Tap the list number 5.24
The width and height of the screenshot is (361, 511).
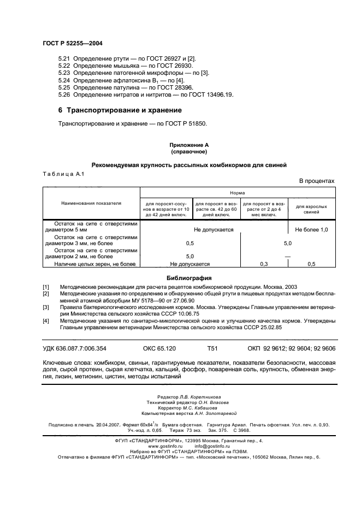pyautogui.click(x=64, y=80)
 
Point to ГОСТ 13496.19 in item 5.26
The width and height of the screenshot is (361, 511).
pyautogui.click(x=212, y=94)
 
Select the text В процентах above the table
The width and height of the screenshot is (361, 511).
pyautogui.click(x=316, y=181)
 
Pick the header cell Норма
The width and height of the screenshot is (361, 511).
pyautogui.click(x=237, y=193)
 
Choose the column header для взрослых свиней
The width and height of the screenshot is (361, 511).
pyautogui.click(x=311, y=209)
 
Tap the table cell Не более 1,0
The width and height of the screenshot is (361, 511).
pyautogui.click(x=311, y=230)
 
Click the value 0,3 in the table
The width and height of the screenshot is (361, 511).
pyautogui.click(x=264, y=264)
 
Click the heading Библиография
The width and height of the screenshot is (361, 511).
pyautogui.click(x=188, y=277)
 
